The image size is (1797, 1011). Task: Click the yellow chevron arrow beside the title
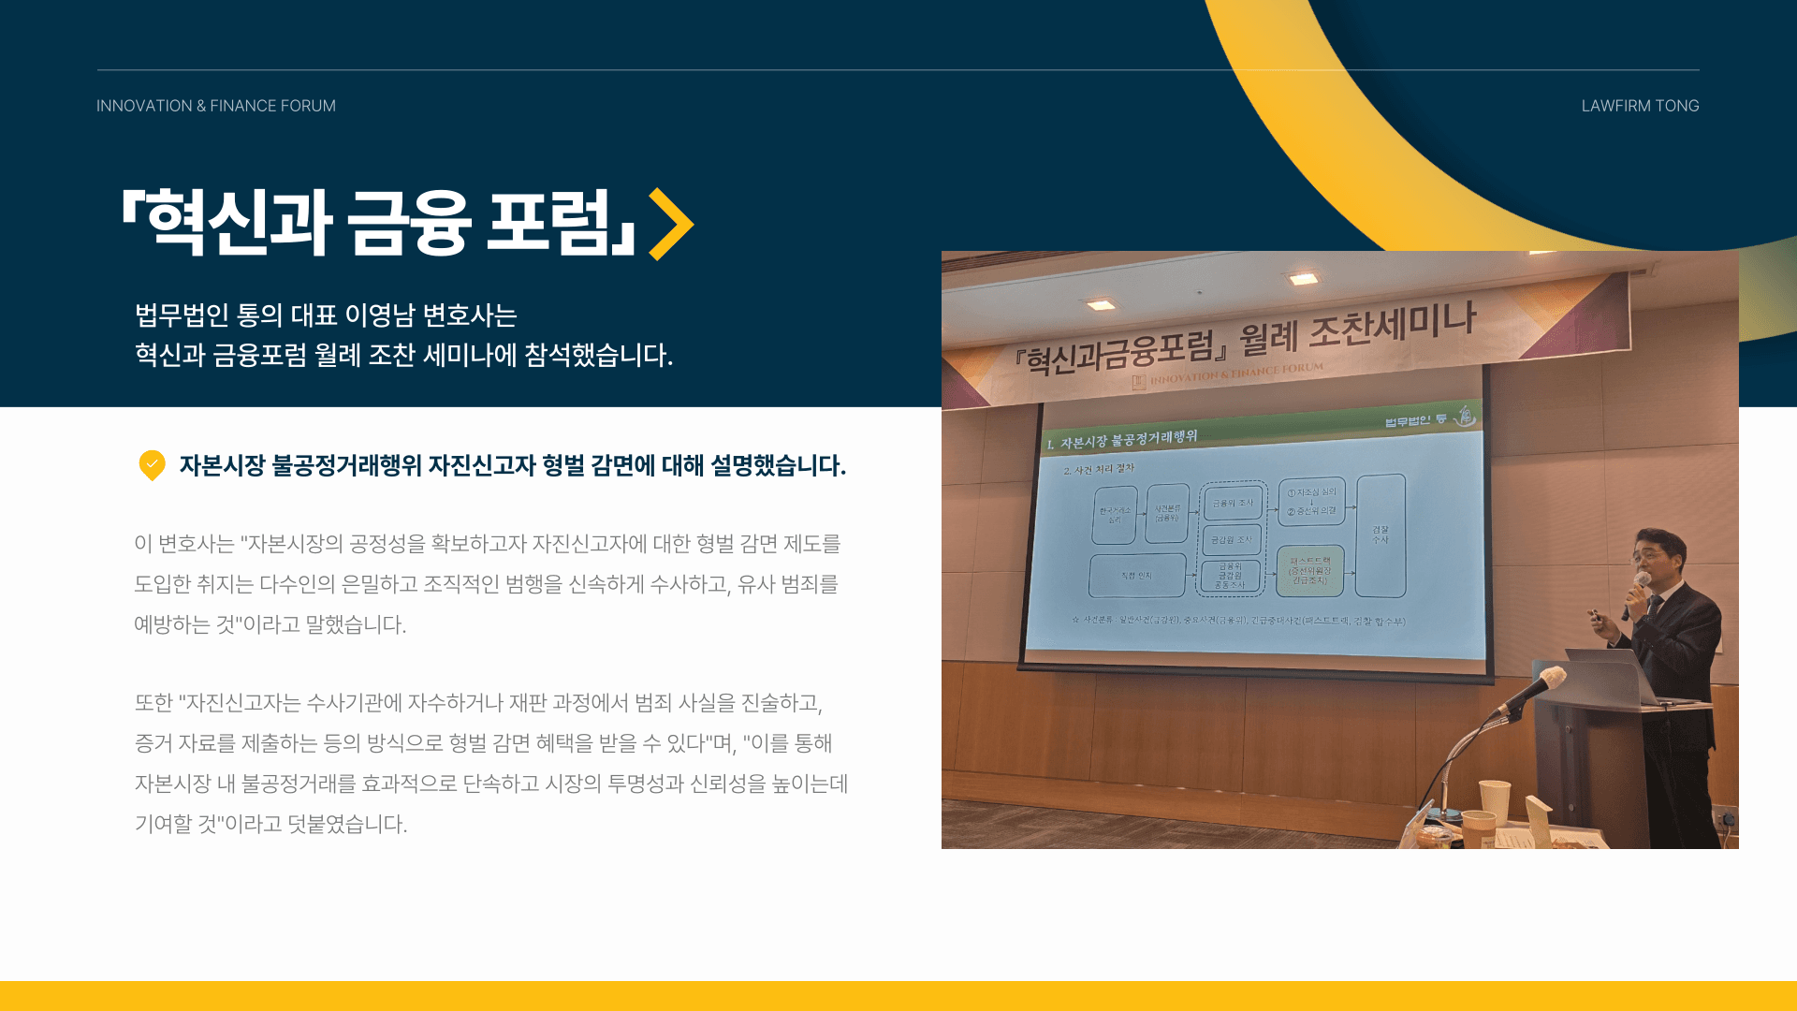click(671, 225)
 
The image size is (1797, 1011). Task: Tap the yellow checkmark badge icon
click(152, 464)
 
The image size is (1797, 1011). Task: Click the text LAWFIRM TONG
click(1640, 106)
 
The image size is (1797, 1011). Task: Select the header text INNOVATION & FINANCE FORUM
click(215, 106)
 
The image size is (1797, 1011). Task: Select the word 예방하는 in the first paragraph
click(172, 624)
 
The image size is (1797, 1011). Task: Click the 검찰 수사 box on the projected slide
click(1381, 535)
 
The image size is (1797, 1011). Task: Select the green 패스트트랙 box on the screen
click(1309, 571)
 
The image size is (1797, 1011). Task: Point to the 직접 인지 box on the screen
click(1136, 576)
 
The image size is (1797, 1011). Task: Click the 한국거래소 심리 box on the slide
click(1114, 515)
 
